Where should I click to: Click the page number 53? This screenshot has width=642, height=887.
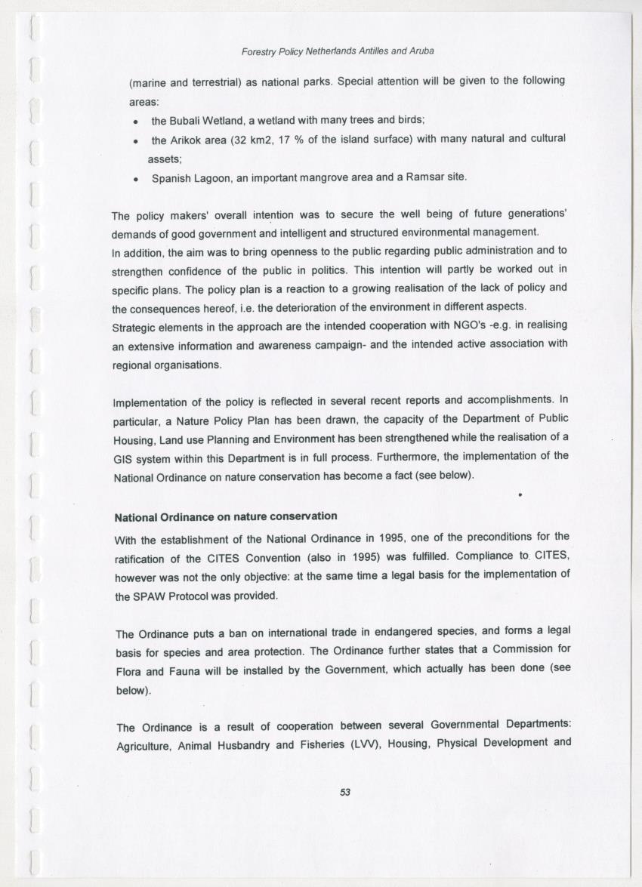coord(345,792)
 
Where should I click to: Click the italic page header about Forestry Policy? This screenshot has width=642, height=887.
coord(337,51)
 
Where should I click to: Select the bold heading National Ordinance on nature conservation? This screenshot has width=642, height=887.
coord(225,517)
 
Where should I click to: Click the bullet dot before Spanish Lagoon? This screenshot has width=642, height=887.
coord(134,180)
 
